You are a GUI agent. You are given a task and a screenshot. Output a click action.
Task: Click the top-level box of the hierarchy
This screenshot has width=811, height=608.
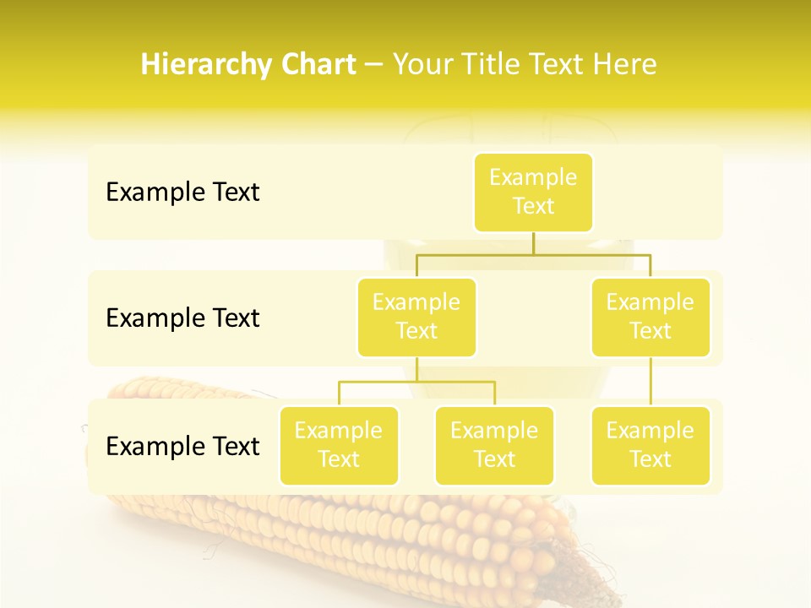[533, 193]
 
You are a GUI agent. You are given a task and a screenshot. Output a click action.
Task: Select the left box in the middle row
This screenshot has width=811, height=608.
[416, 318]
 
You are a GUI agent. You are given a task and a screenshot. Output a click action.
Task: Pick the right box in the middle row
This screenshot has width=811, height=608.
[650, 318]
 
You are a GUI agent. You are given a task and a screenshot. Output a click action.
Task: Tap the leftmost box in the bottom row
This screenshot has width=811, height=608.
[339, 446]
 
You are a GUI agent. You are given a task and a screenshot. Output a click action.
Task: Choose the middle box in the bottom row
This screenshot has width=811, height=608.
[494, 446]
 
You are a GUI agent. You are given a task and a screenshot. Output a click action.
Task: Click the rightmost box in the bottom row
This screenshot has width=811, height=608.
[650, 446]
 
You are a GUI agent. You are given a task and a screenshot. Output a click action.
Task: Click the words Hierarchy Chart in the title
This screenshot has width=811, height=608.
[248, 64]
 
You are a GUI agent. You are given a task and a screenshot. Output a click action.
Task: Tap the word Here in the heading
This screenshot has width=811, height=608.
[626, 64]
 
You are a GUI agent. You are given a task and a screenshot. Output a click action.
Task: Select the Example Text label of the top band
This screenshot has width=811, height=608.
[182, 193]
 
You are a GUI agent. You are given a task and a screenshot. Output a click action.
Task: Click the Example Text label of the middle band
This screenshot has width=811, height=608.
[182, 318]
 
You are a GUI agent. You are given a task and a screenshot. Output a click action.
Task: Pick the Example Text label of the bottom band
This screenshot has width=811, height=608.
[182, 446]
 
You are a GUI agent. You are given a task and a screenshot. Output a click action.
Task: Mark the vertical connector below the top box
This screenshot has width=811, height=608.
[533, 243]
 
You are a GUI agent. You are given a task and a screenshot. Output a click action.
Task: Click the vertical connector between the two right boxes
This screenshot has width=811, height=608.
[650, 382]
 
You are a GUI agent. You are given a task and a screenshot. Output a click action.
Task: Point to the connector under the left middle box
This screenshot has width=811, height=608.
[416, 370]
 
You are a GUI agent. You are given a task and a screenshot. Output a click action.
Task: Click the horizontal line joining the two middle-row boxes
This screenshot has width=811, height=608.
[533, 254]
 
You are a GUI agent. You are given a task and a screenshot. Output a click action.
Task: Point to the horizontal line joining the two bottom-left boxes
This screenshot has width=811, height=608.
[416, 382]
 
